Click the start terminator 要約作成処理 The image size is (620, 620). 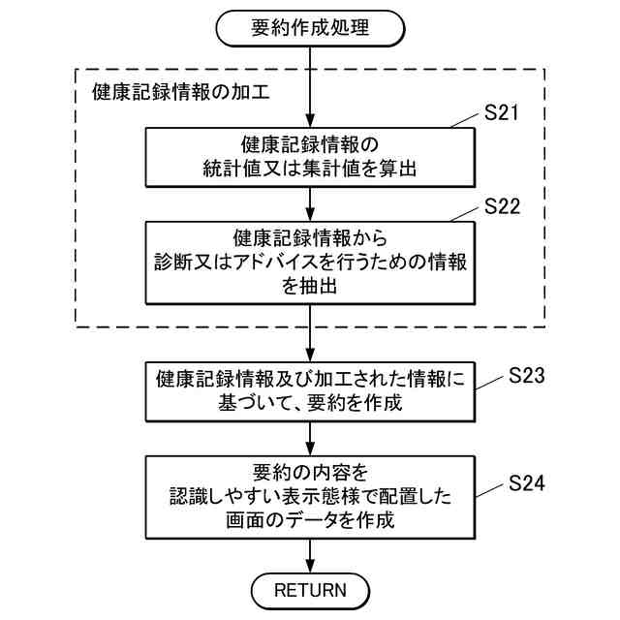coord(309,28)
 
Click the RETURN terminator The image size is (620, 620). coord(309,588)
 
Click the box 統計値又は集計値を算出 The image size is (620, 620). coord(309,157)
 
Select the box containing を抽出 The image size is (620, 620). coord(309,263)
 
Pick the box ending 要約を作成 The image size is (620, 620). coord(309,391)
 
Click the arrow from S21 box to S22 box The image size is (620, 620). coord(309,203)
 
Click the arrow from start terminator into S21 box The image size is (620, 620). coord(309,87)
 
